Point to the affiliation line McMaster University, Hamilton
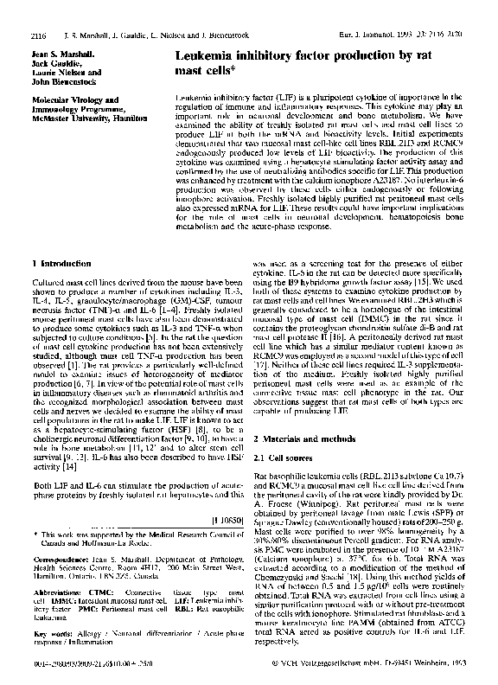click(83, 93)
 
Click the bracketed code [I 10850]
click(226, 522)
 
